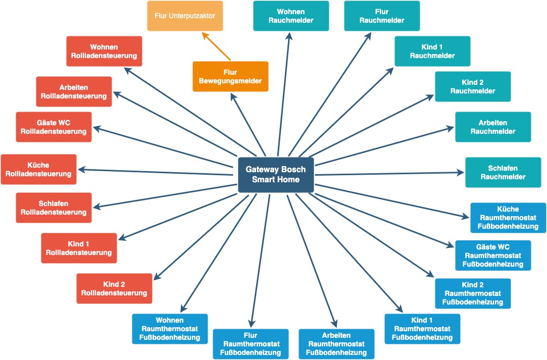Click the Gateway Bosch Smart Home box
(x=276, y=175)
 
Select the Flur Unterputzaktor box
(x=185, y=16)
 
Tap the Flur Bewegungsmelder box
(x=230, y=76)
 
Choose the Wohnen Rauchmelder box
(x=291, y=16)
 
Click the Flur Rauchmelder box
(x=382, y=16)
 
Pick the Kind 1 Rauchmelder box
(x=432, y=51)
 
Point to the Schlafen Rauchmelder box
(x=503, y=172)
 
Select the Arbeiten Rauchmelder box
(x=493, y=127)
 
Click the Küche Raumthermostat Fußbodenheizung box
(x=508, y=218)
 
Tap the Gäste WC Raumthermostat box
(x=493, y=255)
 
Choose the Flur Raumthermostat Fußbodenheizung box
(x=251, y=344)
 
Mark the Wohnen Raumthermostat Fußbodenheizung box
(x=170, y=329)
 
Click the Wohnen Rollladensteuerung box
(x=104, y=51)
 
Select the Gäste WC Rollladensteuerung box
(x=54, y=127)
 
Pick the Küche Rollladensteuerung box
(x=38, y=169)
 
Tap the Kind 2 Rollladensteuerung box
(x=114, y=288)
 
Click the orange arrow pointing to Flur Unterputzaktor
(x=216, y=46)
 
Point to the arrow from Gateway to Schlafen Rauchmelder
(x=389, y=173)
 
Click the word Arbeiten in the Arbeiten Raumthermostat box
(x=336, y=335)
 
